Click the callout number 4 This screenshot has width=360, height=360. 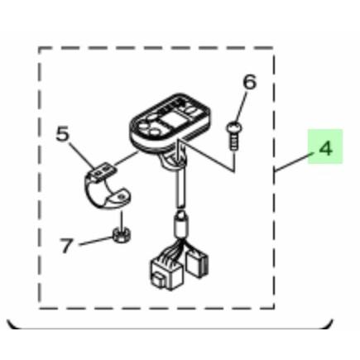[325, 149]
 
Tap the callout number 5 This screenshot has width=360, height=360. [62, 134]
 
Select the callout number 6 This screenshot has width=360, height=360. [250, 82]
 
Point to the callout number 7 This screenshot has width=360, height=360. [66, 246]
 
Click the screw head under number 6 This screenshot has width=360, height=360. [234, 127]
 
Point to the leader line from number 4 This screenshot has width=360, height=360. [295, 162]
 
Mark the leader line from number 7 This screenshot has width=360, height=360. [96, 241]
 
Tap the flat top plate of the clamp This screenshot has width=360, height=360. [103, 170]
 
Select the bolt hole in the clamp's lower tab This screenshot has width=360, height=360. [120, 197]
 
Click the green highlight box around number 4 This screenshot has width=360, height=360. [325, 146]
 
